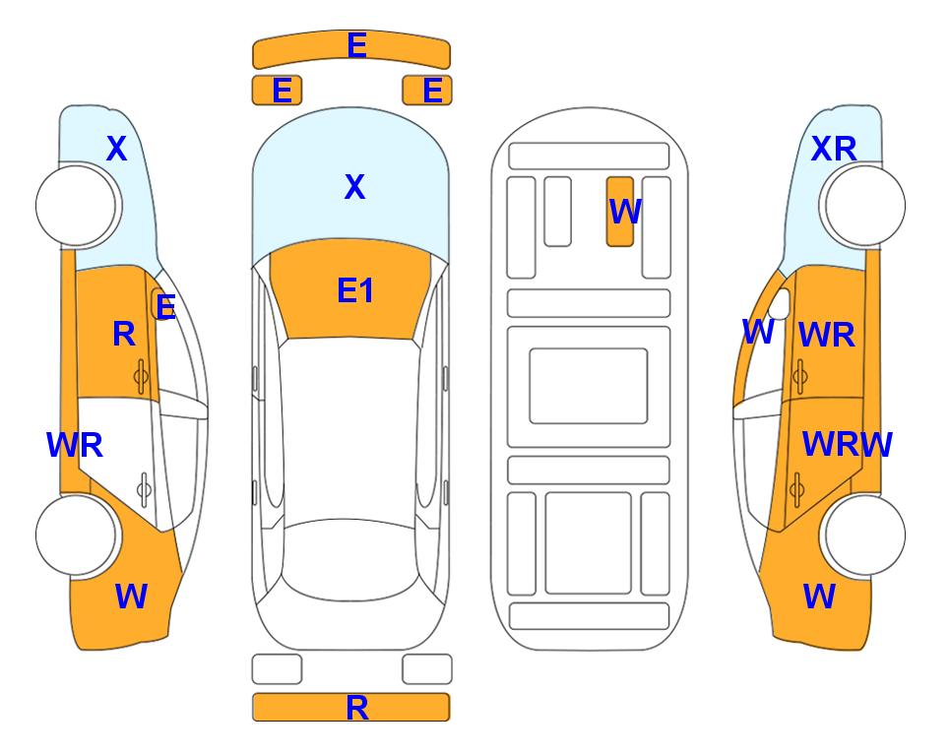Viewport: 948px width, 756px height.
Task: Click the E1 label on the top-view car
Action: pyautogui.click(x=355, y=290)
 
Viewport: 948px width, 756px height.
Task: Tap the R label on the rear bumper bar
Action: pyautogui.click(x=357, y=708)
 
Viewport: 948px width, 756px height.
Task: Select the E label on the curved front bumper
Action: pyautogui.click(x=356, y=45)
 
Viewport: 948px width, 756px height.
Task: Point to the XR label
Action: pyautogui.click(x=834, y=149)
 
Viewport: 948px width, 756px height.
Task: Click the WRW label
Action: pyautogui.click(x=847, y=445)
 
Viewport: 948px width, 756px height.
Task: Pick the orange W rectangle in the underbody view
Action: pyautogui.click(x=620, y=212)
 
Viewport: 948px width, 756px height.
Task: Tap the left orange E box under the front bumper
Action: pyautogui.click(x=277, y=91)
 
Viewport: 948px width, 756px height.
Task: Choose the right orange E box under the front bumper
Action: pyautogui.click(x=427, y=91)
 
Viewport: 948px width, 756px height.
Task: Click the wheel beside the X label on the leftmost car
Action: pyautogui.click(x=76, y=206)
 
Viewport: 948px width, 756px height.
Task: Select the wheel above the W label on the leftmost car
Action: pyautogui.click(x=76, y=535)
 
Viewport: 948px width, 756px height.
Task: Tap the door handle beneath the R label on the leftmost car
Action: pyautogui.click(x=141, y=377)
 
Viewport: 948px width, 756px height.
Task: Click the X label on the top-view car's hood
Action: pyautogui.click(x=355, y=187)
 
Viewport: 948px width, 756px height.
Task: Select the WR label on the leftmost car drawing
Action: pyautogui.click(x=75, y=445)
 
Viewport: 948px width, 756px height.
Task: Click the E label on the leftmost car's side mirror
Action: pyautogui.click(x=165, y=307)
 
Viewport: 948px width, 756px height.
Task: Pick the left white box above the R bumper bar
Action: pyautogui.click(x=277, y=669)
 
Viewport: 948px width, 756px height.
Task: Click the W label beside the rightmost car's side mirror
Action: pyautogui.click(x=758, y=332)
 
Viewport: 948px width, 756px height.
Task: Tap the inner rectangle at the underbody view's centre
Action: pyautogui.click(x=589, y=386)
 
